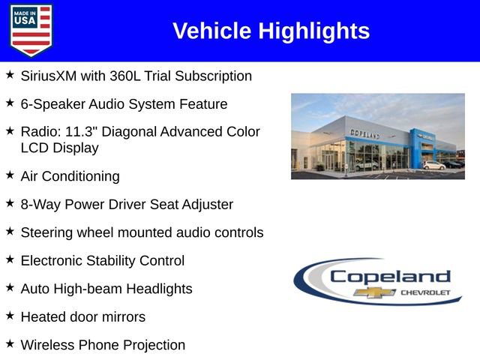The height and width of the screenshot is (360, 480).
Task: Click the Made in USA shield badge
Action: click(31, 30)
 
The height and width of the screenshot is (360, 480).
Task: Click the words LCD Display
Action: click(60, 148)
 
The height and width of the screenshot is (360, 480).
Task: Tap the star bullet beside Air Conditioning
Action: click(10, 175)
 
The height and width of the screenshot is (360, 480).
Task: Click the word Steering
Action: click(47, 232)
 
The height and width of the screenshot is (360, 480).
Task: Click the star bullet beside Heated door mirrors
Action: click(10, 316)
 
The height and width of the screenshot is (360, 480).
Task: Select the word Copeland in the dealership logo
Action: click(390, 277)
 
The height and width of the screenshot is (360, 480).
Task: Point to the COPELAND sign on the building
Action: click(364, 133)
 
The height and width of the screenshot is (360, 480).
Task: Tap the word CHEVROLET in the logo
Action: click(424, 292)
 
